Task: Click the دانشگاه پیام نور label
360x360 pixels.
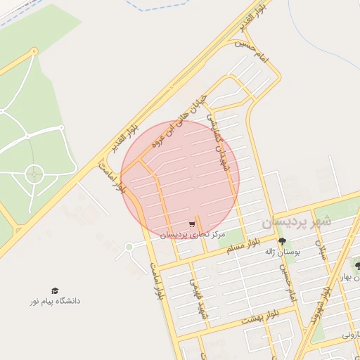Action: (x=55, y=301)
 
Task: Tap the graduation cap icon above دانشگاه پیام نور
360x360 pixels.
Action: (x=55, y=290)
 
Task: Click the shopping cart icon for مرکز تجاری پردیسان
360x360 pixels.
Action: (x=191, y=224)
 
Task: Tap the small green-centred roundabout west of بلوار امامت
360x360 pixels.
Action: (x=129, y=247)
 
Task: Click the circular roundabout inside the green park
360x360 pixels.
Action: (x=34, y=173)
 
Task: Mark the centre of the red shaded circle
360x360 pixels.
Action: (x=180, y=180)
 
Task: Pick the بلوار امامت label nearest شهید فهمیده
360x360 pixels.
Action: (x=157, y=277)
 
